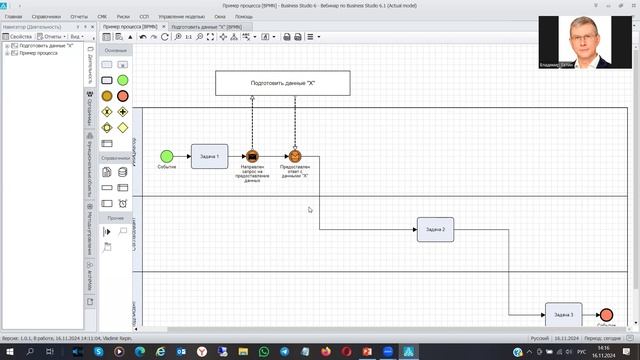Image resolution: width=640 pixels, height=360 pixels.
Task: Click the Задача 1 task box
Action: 210,156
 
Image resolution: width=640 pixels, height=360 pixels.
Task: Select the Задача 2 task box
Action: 435,230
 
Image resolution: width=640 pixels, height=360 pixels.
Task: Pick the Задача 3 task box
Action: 563,314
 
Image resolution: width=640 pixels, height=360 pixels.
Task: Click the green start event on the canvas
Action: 166,156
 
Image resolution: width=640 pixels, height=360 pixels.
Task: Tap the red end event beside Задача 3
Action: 605,315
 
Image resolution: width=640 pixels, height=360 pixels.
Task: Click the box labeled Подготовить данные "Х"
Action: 283,83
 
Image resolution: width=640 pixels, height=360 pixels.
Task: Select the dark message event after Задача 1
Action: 252,156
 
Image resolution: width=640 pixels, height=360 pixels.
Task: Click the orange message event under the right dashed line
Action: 295,156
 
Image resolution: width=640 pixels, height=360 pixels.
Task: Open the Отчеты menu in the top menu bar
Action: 79,17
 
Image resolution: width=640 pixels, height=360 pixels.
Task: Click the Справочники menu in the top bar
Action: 45,17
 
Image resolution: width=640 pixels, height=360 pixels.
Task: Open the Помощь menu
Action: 244,17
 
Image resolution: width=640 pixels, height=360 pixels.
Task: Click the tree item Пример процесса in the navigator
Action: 39,53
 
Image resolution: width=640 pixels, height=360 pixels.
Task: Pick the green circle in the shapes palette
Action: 122,80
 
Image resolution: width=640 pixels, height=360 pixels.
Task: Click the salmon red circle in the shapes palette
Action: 122,96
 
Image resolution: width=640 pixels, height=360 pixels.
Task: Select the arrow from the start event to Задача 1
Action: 182,156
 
